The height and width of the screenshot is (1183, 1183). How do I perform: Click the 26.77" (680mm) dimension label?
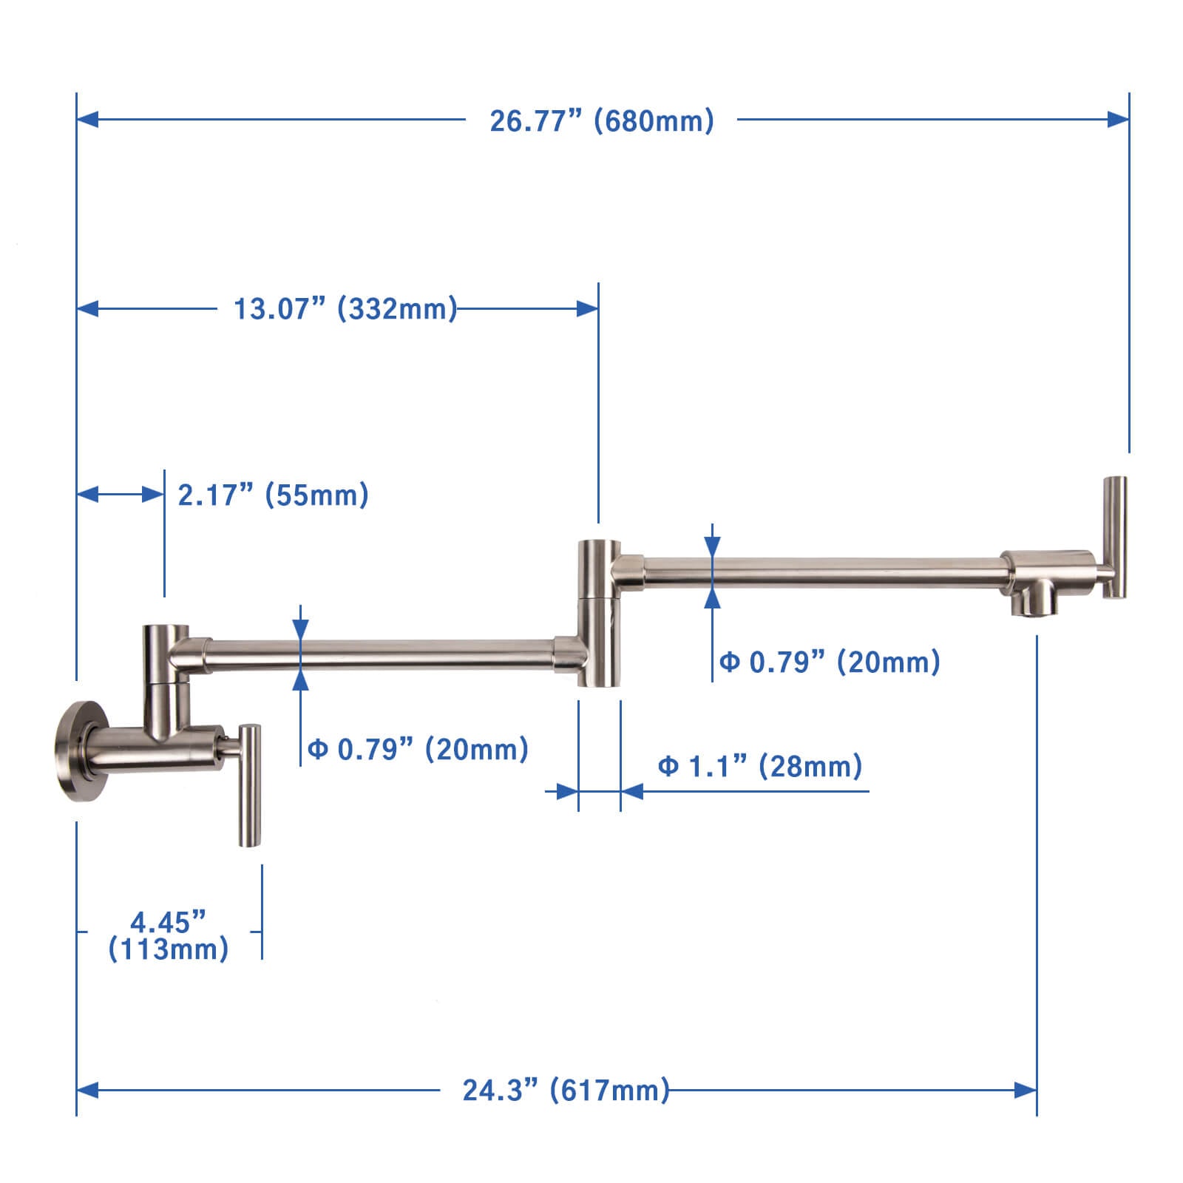(602, 121)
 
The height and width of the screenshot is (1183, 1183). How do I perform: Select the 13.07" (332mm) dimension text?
(345, 308)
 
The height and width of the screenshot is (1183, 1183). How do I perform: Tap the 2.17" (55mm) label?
(273, 495)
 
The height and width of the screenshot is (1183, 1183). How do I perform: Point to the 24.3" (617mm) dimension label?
(566, 1090)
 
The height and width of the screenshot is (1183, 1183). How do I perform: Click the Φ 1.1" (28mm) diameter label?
(760, 766)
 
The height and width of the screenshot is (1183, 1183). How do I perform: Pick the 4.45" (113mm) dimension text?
(169, 935)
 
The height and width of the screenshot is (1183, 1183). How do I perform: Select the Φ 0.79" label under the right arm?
(830, 662)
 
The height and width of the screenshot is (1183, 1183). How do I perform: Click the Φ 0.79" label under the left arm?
(418, 749)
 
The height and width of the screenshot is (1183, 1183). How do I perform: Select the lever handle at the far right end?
(1115, 537)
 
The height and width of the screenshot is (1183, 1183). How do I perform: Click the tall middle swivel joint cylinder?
(599, 614)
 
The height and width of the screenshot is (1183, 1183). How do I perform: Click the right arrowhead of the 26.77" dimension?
(1119, 118)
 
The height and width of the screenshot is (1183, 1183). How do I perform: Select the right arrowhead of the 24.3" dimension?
(1026, 1090)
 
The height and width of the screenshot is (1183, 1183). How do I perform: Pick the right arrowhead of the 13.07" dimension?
(588, 308)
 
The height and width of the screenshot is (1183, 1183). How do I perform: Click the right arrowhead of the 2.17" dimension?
(154, 494)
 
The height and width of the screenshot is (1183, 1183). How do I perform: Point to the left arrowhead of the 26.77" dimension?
(87, 118)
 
